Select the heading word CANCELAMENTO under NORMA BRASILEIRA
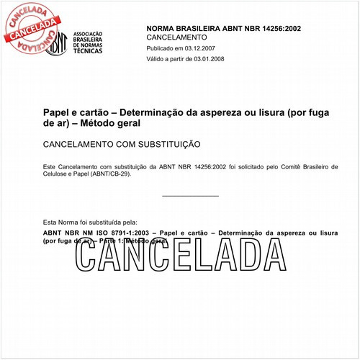click(176, 37)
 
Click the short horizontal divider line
click(190, 195)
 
